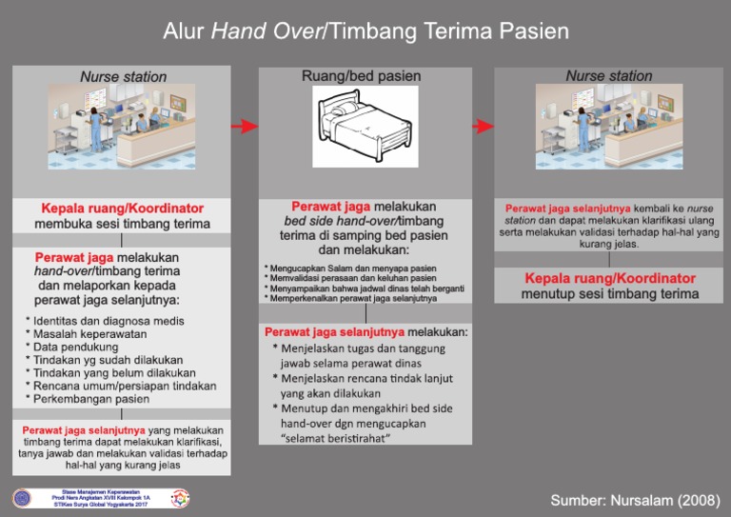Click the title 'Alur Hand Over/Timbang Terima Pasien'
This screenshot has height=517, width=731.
click(x=365, y=32)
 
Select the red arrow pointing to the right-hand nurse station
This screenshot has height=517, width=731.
click(x=484, y=126)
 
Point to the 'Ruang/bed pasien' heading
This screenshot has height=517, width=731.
click(x=361, y=75)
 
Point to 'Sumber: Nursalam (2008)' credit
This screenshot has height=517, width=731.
click(x=634, y=501)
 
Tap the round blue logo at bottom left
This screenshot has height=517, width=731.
click(x=21, y=499)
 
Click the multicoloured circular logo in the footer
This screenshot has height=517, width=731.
click(x=180, y=499)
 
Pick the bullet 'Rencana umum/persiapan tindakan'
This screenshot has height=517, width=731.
click(x=125, y=387)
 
